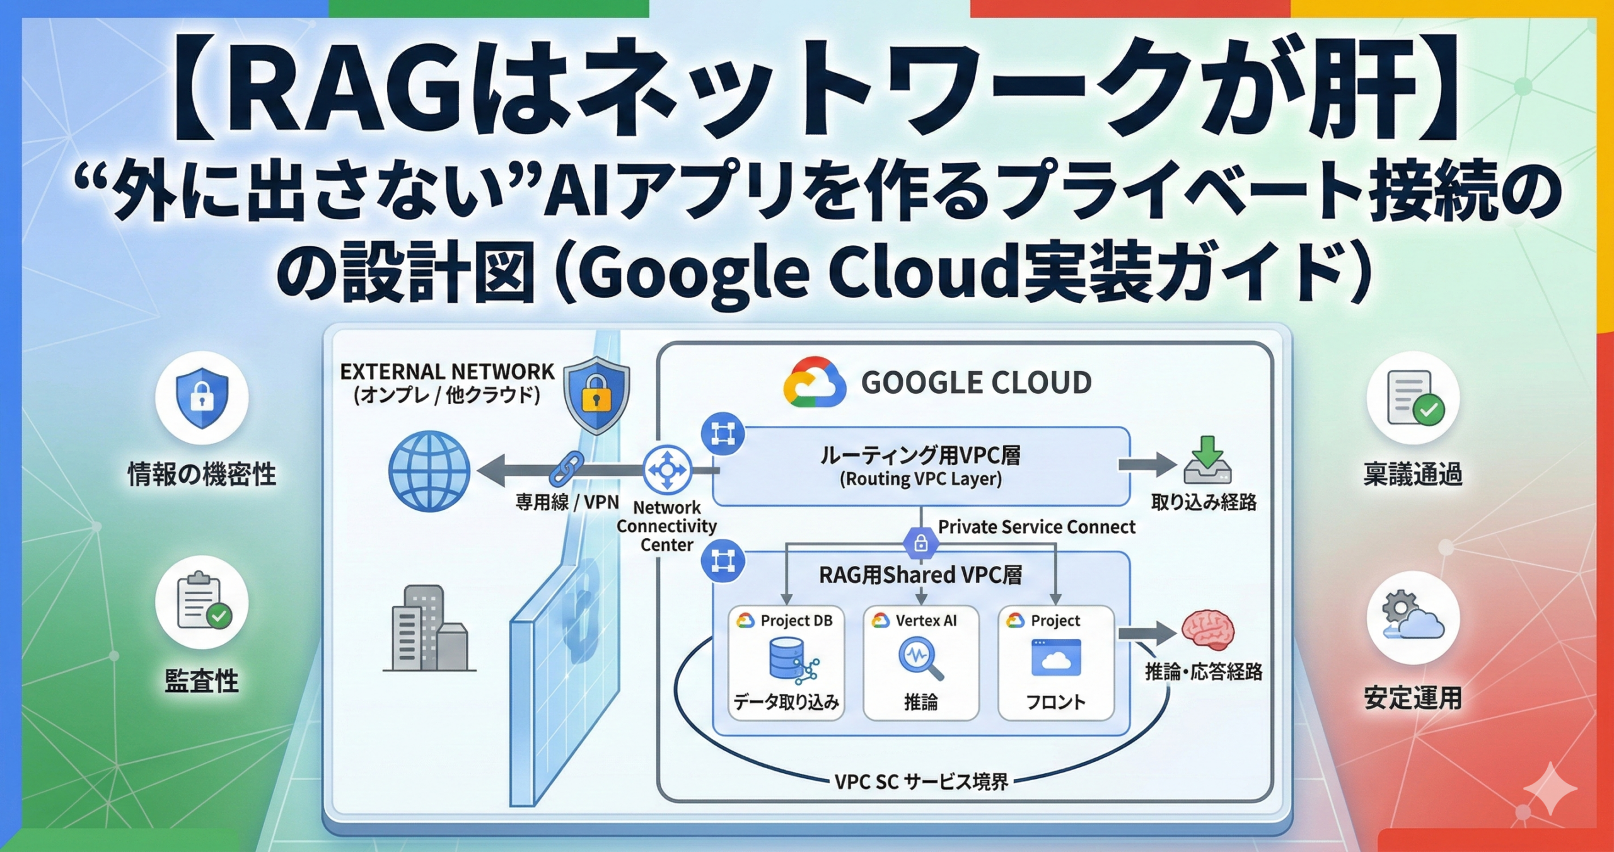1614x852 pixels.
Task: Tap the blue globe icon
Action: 429,471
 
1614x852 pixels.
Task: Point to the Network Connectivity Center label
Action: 666,526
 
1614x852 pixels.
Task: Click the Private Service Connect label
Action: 1036,527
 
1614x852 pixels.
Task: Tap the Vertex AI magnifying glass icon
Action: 920,659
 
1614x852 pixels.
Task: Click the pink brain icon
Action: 1207,630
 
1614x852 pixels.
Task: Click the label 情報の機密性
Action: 202,475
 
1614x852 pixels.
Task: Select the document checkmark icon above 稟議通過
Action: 1413,398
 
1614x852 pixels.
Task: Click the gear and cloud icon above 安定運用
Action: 1413,616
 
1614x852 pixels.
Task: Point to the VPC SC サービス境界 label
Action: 921,782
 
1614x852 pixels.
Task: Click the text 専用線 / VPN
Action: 567,502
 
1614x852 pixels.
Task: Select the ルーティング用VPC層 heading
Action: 920,455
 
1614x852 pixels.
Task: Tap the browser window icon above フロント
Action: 1056,657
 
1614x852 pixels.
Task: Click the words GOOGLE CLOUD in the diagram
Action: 976,383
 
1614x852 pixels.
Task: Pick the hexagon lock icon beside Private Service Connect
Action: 920,542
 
